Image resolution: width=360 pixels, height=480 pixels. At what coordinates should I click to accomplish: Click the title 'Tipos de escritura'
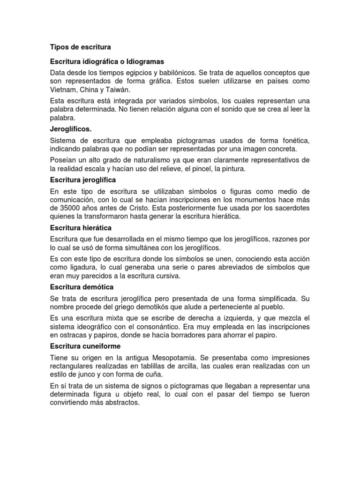(x=80, y=47)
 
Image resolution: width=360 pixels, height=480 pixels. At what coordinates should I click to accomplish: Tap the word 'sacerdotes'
(x=292, y=208)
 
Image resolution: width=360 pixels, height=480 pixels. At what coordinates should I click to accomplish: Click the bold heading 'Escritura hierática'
(x=81, y=228)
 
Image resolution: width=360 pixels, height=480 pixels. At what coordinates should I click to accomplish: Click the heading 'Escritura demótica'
(x=82, y=287)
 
